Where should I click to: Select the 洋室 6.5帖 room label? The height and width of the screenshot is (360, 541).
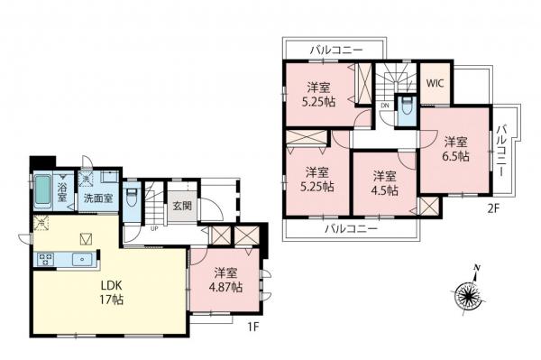(x=455, y=149)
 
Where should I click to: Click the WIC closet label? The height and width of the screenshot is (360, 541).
(x=435, y=82)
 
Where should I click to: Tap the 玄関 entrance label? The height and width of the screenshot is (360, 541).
(x=182, y=206)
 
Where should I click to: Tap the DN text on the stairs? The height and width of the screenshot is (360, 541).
(x=385, y=106)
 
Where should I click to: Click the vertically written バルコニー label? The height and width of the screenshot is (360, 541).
(x=501, y=152)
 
